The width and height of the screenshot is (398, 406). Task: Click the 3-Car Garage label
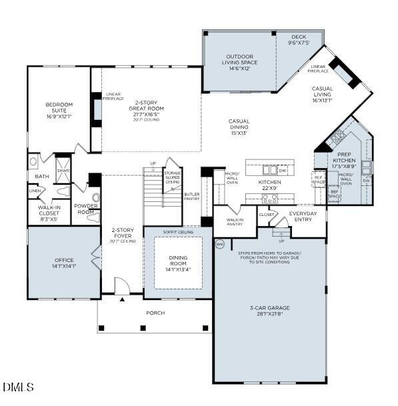tap(269, 311)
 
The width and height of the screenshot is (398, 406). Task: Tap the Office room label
tap(64, 263)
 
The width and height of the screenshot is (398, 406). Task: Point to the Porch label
tap(155, 313)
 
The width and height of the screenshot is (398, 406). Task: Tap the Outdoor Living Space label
tap(241, 63)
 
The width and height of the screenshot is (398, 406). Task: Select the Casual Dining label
tap(238, 127)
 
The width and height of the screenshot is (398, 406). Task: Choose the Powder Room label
tap(86, 209)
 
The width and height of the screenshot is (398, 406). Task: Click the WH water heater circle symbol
tap(219, 244)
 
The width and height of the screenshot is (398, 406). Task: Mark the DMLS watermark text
tap(18, 387)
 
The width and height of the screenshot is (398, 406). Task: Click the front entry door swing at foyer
tap(121, 286)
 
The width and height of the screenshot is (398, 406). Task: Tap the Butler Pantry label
tap(192, 197)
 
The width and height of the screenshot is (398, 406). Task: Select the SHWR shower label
tap(63, 171)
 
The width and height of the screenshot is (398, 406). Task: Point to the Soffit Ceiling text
tap(178, 232)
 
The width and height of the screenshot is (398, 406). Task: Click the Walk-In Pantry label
tap(235, 222)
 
